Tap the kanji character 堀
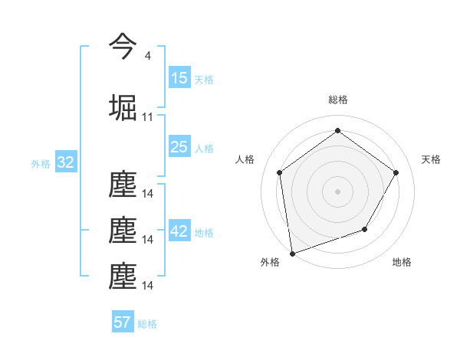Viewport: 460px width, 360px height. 123,107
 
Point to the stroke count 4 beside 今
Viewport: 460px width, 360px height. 147,56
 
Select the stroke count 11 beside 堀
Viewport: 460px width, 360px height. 147,117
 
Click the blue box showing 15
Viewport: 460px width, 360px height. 179,78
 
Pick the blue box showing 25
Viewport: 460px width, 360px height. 179,147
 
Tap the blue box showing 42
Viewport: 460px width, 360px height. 179,231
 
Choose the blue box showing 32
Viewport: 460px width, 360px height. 65,162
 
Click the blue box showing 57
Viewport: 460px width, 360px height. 123,322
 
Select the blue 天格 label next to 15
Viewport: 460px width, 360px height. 204,79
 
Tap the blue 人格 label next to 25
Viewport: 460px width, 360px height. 204,148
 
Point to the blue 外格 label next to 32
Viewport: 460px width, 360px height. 41,163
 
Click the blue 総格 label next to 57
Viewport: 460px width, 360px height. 147,323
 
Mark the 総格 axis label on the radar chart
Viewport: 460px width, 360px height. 337,100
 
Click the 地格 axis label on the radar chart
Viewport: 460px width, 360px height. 402,262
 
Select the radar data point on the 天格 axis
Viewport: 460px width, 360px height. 396,172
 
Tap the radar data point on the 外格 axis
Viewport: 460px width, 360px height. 292,253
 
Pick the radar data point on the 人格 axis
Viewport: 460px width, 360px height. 280,172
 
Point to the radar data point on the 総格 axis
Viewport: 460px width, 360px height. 337,131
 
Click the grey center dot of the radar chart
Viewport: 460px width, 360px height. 337,191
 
